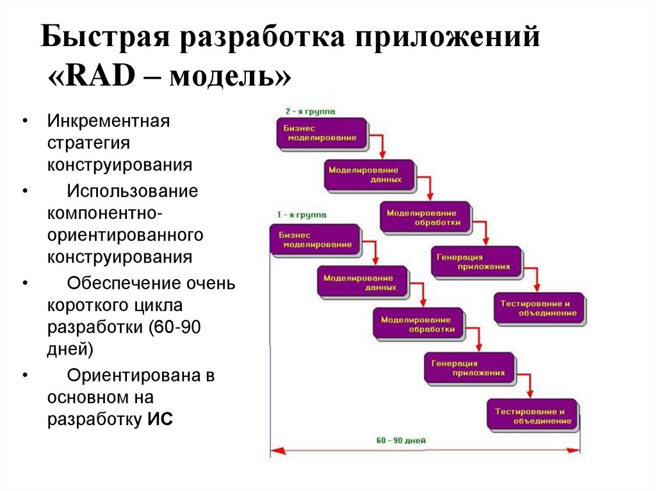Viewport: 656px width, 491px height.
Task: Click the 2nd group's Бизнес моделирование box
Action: [321, 133]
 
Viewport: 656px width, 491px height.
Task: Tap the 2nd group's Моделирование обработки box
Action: [425, 218]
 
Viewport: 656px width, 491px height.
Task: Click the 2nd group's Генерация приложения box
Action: [475, 261]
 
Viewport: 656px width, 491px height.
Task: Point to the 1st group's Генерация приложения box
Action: [468, 367]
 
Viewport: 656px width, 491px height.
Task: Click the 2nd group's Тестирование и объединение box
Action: [539, 308]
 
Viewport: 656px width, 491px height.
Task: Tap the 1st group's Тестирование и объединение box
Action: [532, 415]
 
